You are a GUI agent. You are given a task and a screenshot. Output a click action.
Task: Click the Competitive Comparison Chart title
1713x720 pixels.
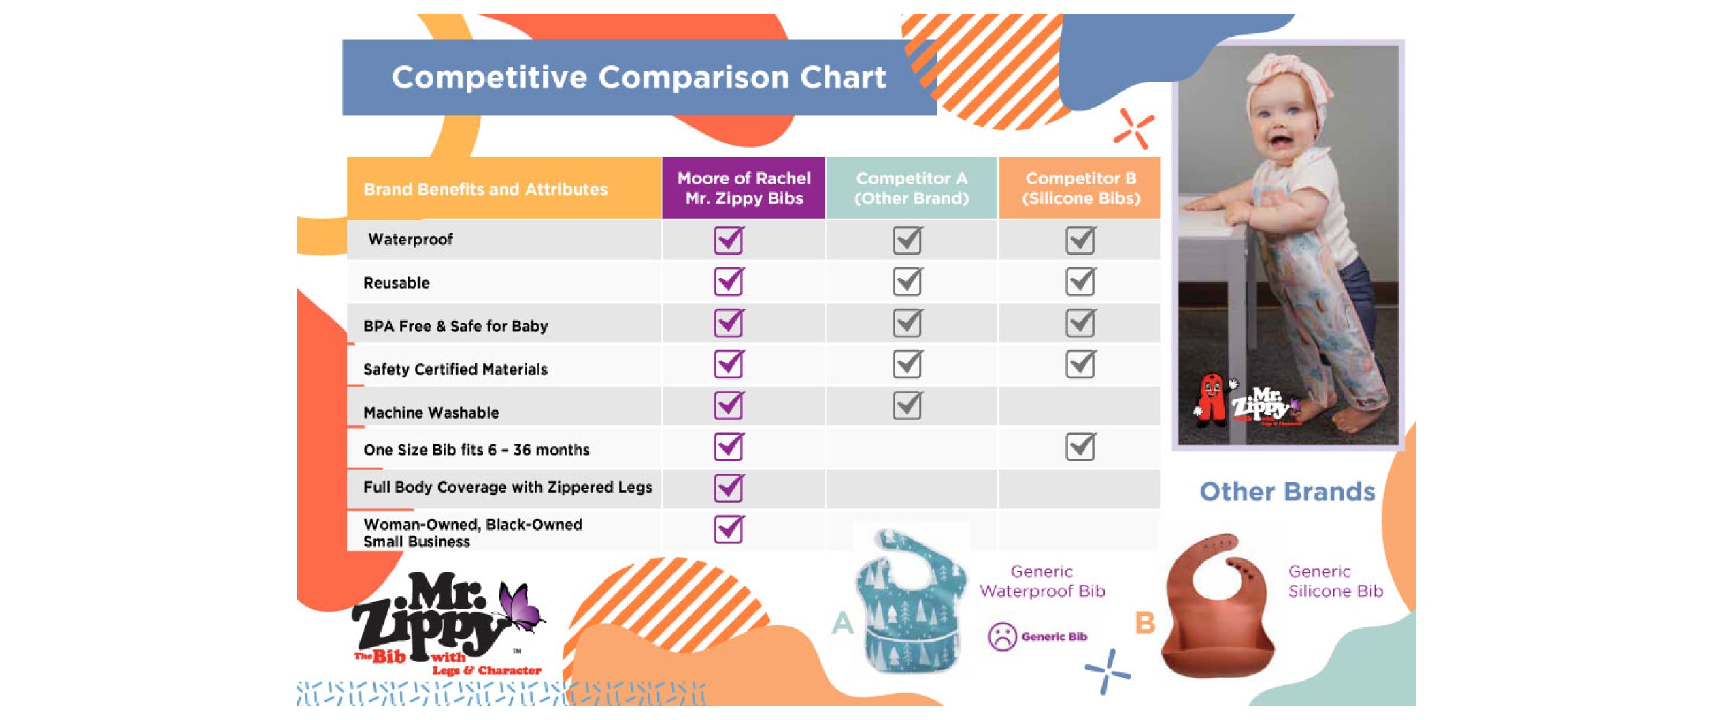point(638,78)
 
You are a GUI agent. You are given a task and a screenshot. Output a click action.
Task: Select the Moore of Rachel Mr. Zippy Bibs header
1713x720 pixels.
point(744,189)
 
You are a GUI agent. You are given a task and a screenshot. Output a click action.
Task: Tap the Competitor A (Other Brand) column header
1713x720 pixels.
point(911,189)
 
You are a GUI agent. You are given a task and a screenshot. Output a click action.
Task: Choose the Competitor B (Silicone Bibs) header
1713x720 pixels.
point(1080,189)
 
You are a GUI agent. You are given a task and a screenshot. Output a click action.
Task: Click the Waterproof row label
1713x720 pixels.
point(410,240)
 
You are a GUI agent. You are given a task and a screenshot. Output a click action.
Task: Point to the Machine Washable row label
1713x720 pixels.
point(431,412)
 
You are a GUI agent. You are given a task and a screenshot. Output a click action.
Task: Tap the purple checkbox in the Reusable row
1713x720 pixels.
point(729,282)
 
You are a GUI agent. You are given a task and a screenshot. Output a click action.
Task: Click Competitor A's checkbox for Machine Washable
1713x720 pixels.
point(908,406)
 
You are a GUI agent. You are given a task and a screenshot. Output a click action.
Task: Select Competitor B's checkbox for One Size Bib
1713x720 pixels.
point(1080,447)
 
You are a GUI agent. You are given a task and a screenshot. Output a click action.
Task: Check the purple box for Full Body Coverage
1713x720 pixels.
point(729,488)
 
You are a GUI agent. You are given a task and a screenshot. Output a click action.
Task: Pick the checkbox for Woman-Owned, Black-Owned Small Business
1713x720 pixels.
point(729,529)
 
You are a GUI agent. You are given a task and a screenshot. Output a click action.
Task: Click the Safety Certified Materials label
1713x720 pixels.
point(455,370)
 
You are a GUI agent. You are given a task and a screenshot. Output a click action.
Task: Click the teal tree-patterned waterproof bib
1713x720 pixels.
point(910,602)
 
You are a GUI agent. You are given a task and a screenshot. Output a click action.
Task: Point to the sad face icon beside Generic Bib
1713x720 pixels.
point(1001,637)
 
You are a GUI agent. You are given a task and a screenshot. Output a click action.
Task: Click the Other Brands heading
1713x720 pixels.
point(1286,492)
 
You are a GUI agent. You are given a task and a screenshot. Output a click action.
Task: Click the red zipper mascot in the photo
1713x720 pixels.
point(1210,398)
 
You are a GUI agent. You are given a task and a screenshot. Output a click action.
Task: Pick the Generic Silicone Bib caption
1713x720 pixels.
point(1335,582)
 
